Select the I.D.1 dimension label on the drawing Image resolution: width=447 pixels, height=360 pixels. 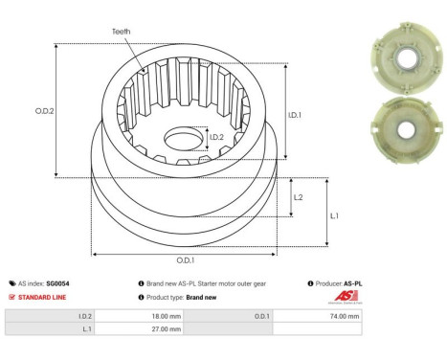point(296,115)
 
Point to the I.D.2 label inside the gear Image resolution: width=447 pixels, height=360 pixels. point(217,137)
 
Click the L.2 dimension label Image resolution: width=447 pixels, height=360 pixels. point(299,196)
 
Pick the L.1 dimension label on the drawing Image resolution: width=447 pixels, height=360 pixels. point(334,215)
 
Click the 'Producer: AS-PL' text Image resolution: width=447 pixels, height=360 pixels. point(337,283)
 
